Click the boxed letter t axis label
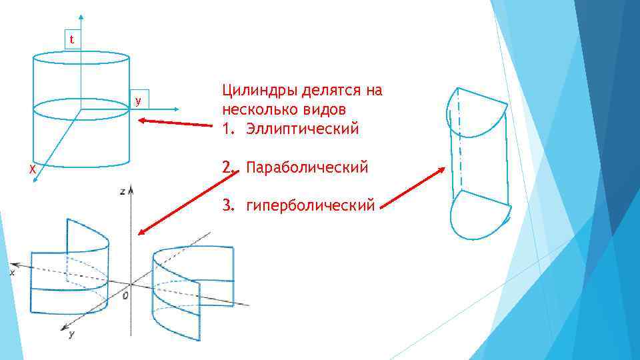coord(72,40)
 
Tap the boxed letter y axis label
coord(138,101)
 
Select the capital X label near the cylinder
coord(32,170)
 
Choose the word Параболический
coord(307,167)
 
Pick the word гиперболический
coord(311,205)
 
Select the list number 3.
coord(228,205)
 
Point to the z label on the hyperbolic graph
coord(122,191)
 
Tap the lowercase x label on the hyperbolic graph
coord(12,272)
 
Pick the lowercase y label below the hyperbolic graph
coord(71,333)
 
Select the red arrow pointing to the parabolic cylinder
coord(413,186)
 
